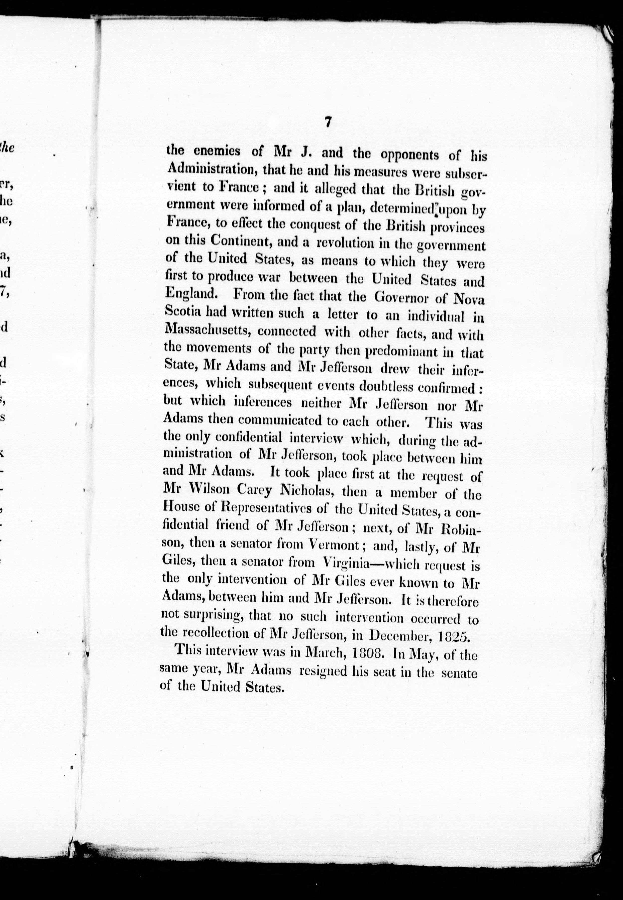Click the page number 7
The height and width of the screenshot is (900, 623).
coord(327,123)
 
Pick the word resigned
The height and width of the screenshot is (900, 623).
coord(321,670)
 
